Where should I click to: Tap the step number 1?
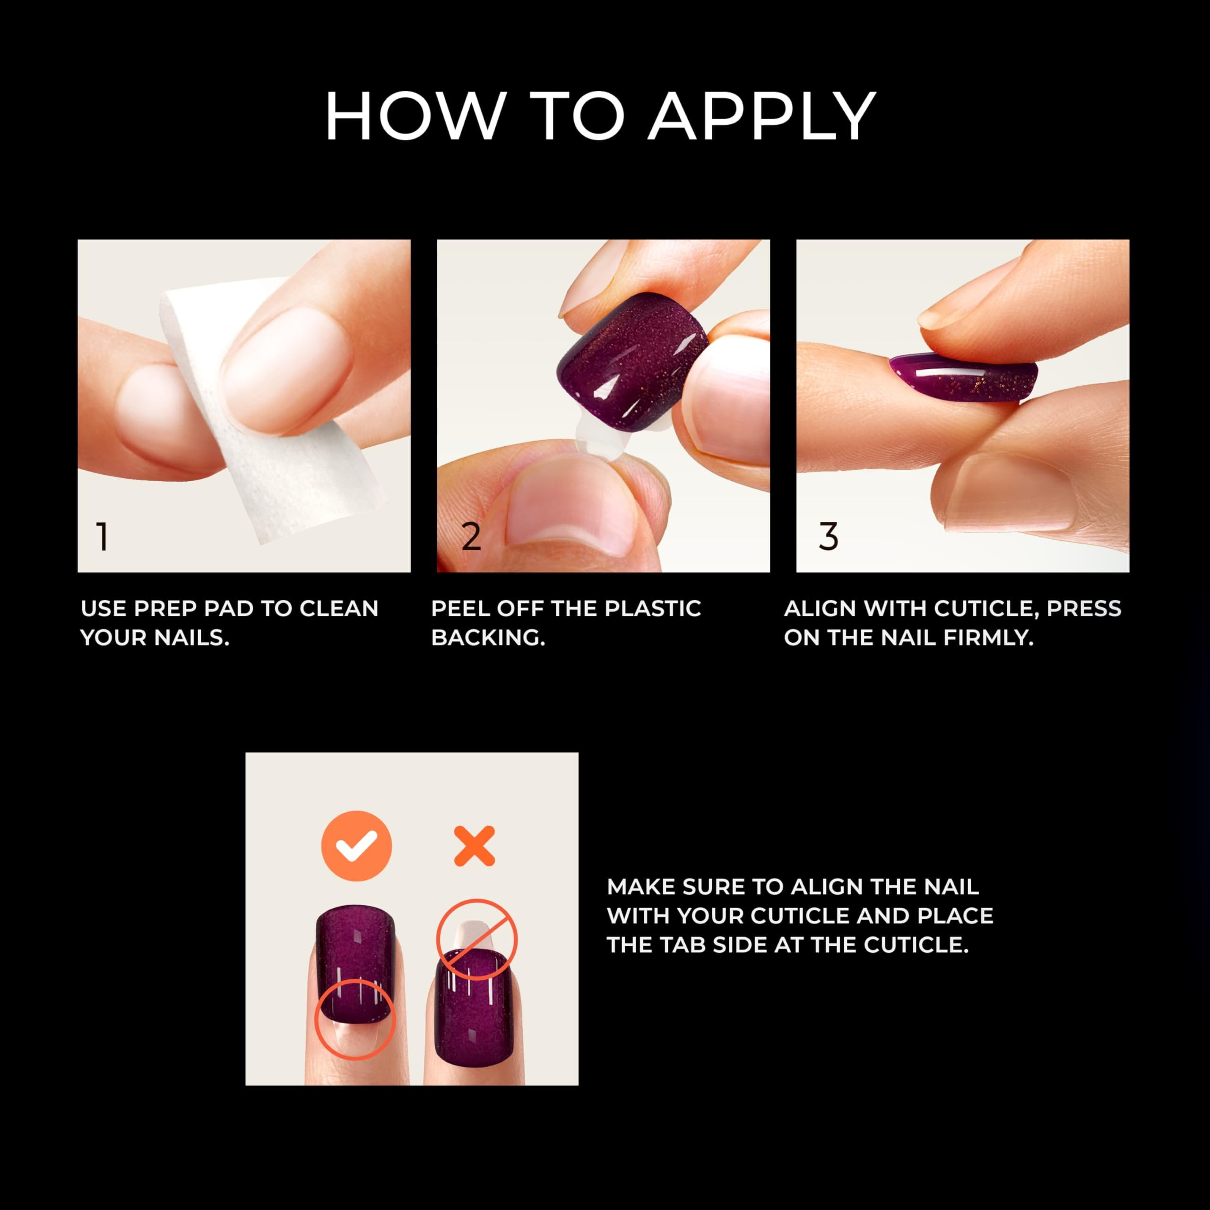point(103,537)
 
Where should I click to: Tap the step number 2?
point(471,537)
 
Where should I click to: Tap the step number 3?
point(828,537)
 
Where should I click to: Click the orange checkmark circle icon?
point(356,846)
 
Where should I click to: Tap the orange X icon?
point(474,846)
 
